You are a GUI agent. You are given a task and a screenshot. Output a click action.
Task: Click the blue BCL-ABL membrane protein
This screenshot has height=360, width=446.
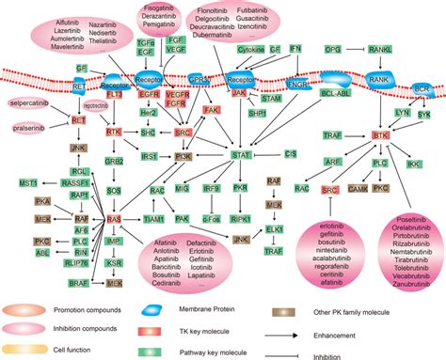(x=334, y=97)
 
